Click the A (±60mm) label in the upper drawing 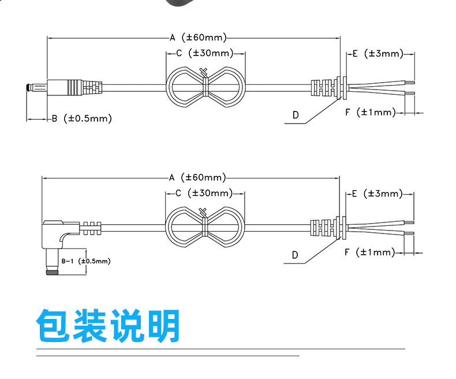(198, 38)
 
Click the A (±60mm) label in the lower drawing (197, 177)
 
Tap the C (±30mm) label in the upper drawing (205, 53)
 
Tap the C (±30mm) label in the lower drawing (204, 193)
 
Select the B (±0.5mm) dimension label (82, 118)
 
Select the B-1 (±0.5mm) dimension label (86, 261)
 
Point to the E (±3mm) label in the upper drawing (378, 54)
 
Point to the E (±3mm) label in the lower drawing (377, 194)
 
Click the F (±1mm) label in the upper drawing (371, 112)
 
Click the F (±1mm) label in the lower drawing (370, 252)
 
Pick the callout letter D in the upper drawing (296, 115)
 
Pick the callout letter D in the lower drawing (295, 255)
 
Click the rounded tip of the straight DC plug (28, 87)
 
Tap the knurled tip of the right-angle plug (52, 273)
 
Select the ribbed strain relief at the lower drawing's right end (323, 227)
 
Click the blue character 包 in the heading (53, 325)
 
